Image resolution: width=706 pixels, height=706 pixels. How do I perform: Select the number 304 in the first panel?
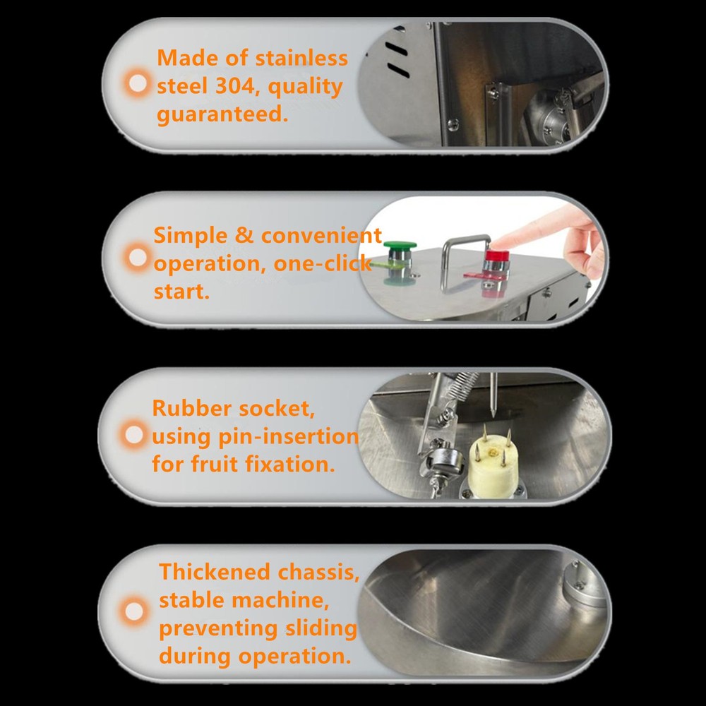pos(234,86)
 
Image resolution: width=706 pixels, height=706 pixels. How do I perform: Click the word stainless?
pos(301,58)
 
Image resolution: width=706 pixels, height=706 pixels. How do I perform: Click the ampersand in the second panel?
pos(244,236)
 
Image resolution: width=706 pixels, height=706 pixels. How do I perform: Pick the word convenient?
pos(321,236)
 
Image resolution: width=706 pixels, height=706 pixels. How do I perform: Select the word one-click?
pos(323,263)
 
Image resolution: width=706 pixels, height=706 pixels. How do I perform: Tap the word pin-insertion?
pos(288,437)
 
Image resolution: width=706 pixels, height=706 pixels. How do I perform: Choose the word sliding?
pos(321,628)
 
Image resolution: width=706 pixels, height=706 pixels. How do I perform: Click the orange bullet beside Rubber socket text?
pos(133,434)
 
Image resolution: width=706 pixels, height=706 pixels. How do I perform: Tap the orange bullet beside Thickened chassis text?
pos(133,611)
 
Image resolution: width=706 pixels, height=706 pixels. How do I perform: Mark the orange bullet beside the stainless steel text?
pos(138,83)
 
